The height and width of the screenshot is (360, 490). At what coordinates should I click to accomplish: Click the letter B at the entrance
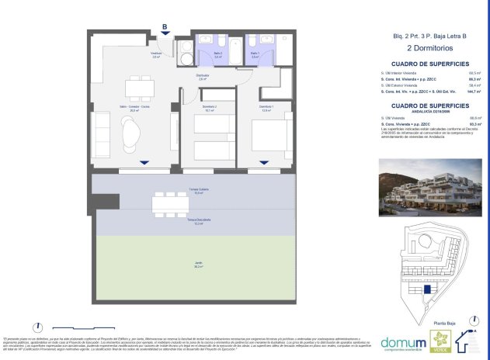165,26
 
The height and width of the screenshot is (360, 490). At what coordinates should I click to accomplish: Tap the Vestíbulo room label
156,55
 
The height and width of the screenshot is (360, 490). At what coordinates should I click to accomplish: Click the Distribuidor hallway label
202,77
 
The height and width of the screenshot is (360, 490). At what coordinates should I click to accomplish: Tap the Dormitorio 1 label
266,108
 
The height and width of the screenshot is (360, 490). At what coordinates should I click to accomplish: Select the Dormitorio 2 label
209,109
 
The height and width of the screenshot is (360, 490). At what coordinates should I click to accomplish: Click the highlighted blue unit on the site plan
426,289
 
